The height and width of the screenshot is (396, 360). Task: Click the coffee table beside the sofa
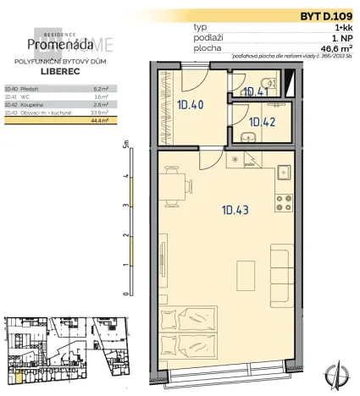pyautogui.click(x=246, y=274)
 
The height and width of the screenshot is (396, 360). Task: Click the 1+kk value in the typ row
pyautogui.click(x=341, y=28)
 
